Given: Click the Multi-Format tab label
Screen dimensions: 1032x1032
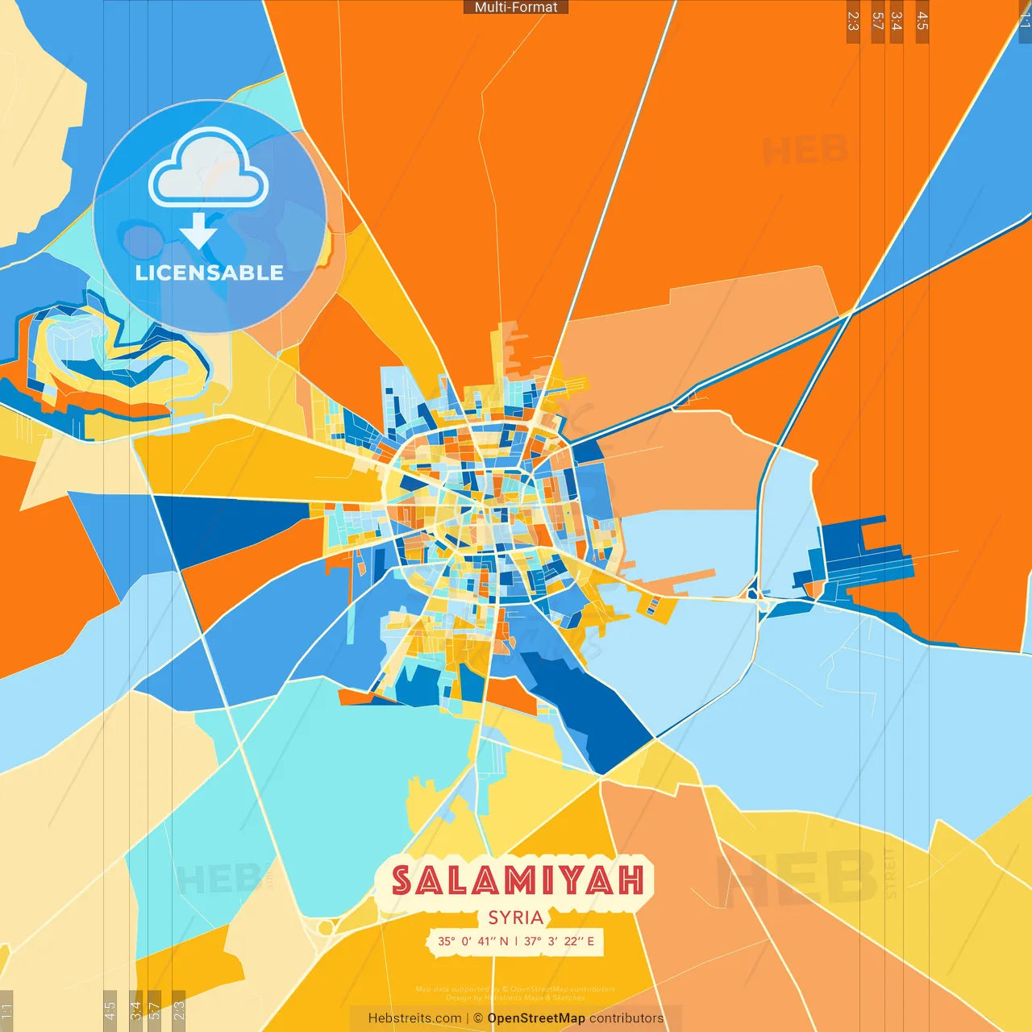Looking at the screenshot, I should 516,7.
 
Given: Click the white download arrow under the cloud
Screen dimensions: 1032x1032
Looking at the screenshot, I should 198,231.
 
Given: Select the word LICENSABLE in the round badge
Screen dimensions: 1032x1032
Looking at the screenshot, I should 210,273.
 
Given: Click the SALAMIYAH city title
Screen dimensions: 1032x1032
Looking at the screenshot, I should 518,880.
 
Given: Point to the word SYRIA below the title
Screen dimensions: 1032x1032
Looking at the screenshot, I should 516,918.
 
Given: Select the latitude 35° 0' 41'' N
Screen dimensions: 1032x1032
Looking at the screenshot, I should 473,941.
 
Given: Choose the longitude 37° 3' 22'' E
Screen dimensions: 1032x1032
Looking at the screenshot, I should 559,941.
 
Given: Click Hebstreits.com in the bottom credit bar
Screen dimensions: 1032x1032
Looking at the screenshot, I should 414,1018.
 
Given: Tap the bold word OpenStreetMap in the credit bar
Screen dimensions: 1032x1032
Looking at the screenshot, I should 535,1018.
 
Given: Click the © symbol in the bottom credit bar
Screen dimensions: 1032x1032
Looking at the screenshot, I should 477,1018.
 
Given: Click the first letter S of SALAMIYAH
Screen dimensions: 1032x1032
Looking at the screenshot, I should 402,880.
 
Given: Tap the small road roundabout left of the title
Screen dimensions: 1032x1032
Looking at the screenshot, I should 326,928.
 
